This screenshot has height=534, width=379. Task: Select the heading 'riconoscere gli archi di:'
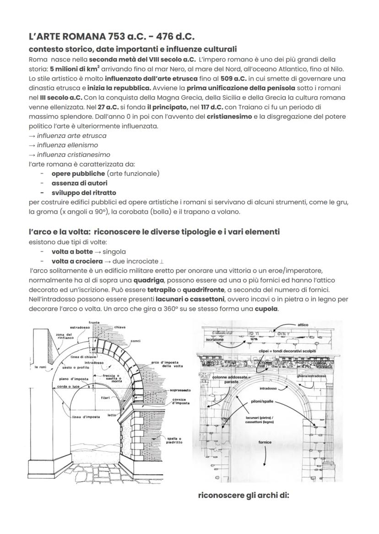pyautogui.click(x=244, y=495)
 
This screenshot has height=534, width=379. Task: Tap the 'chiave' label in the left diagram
pyautogui.click(x=120, y=327)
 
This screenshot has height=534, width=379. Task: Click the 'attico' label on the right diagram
pyautogui.click(x=303, y=325)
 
